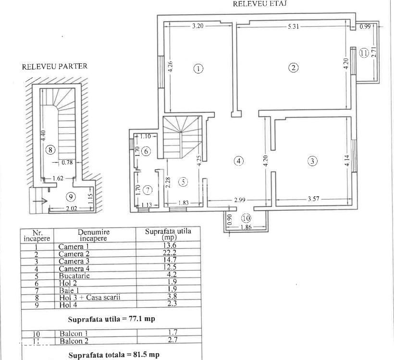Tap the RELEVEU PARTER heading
tap(55, 67)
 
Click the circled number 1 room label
tap(198, 68)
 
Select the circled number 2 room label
tap(293, 68)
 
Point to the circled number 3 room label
tap(312, 161)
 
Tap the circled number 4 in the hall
tap(239, 161)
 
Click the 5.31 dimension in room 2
tap(294, 27)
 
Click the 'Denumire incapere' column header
tap(94, 235)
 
